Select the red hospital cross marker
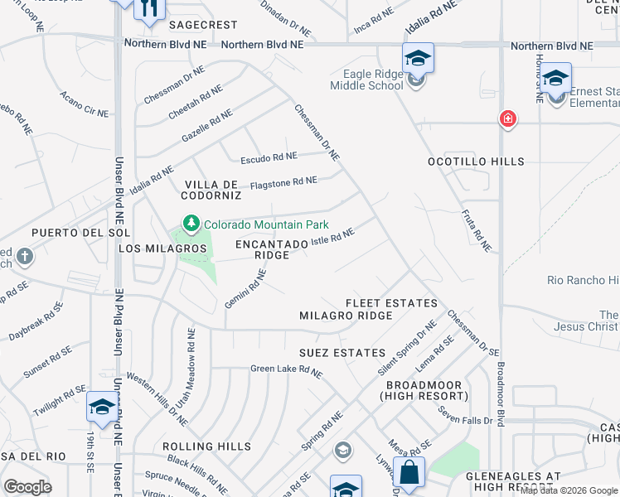click(507, 120)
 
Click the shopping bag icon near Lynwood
click(409, 473)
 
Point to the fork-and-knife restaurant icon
click(149, 8)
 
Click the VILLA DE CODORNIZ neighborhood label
click(212, 190)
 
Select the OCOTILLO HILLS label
click(476, 162)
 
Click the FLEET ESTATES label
click(379, 303)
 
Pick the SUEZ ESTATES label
click(342, 353)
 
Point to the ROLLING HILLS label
click(206, 446)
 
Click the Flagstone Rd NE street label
click(283, 181)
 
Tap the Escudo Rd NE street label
click(268, 156)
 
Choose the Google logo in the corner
click(27, 486)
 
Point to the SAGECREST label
click(203, 25)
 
